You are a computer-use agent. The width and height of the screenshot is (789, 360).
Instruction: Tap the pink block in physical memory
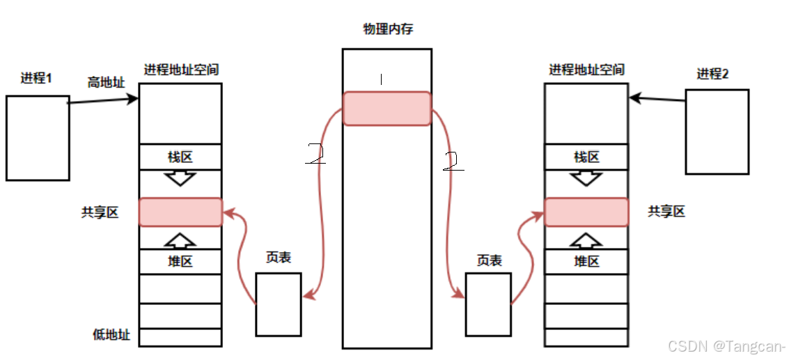386,108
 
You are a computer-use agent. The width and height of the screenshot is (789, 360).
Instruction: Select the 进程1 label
36,78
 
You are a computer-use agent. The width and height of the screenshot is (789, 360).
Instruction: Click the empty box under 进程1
38,138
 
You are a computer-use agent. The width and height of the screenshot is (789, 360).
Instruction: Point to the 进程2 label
712,74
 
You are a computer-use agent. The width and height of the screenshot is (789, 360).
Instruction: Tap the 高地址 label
106,82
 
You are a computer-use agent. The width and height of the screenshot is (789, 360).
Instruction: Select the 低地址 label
111,335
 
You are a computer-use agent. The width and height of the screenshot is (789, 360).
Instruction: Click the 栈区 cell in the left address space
180,157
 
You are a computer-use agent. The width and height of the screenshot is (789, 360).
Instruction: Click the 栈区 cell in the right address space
586,157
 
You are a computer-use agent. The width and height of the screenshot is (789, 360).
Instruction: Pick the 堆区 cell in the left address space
180,262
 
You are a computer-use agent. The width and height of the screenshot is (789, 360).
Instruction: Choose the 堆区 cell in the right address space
586,262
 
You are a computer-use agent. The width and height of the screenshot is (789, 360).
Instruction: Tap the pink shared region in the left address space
180,212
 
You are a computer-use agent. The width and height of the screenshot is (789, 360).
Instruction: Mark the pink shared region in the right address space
586,212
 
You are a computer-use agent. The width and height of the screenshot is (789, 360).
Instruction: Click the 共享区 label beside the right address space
666,211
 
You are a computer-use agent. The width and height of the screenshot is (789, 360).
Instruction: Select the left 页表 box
278,304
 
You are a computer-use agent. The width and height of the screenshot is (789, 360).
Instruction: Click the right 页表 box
487,304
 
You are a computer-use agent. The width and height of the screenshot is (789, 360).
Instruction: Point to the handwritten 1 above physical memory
381,80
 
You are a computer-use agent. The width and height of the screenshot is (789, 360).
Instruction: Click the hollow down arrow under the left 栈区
180,178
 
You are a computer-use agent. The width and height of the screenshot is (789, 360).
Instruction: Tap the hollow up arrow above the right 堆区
586,240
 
